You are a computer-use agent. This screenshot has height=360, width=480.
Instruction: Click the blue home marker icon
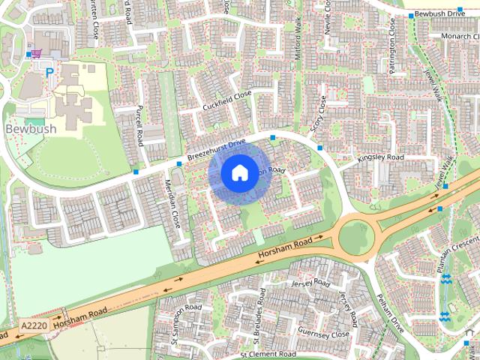click(x=238, y=173)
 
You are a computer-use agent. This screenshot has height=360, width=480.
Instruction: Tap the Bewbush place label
click(x=31, y=128)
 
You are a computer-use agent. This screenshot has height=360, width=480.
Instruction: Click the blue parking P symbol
click(x=49, y=73)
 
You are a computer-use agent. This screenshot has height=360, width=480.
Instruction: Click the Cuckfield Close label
click(x=226, y=101)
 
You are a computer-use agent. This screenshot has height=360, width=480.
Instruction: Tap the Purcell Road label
click(x=139, y=125)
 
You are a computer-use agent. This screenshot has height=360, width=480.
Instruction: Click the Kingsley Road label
click(x=381, y=158)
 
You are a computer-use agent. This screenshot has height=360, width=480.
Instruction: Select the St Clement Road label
click(x=267, y=353)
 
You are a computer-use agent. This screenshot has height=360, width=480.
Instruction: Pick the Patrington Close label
click(x=391, y=41)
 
